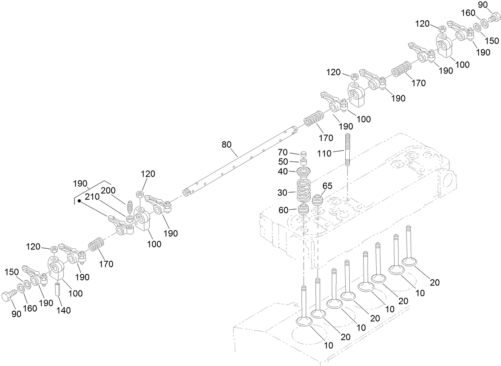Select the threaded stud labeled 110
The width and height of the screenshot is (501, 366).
coord(347,151)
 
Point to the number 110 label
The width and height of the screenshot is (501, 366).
coord(324,153)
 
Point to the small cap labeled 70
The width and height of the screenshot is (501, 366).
coord(303,154)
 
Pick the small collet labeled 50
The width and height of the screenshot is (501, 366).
coord(304,162)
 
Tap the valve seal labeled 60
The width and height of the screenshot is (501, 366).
coord(304,210)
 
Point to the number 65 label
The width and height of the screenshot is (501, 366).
coord(327,185)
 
